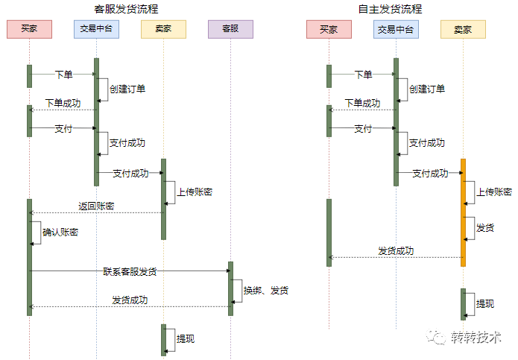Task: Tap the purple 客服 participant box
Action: tap(230, 30)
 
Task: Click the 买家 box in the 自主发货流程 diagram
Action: tap(329, 30)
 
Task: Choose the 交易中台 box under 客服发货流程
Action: tap(96, 30)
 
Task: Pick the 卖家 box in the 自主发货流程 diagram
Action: tap(463, 30)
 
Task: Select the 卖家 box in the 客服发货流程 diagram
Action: tap(163, 30)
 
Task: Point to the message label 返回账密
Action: tap(96, 206)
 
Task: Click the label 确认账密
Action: tap(60, 232)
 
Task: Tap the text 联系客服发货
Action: tap(130, 271)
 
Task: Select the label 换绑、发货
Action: tap(265, 289)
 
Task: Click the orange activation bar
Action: tap(463, 212)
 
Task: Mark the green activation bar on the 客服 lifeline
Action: tap(230, 288)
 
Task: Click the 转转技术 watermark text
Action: tap(476, 338)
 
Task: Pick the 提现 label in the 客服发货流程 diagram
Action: tap(186, 338)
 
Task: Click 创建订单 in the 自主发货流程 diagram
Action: tap(427, 89)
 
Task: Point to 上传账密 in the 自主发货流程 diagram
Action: tap(494, 192)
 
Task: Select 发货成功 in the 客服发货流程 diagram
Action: tap(130, 300)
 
